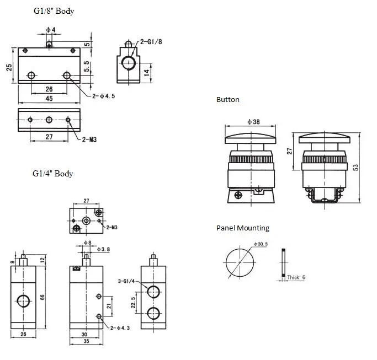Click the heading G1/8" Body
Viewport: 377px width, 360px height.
click(53, 11)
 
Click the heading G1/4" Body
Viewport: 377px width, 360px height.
click(52, 174)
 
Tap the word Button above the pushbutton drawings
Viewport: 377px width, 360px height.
click(227, 100)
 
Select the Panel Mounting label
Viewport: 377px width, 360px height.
click(242, 228)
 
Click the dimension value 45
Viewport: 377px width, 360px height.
click(49, 99)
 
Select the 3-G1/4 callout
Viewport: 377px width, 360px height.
click(127, 282)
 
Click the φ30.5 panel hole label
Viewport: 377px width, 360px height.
click(261, 244)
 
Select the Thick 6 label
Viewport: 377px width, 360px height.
click(296, 277)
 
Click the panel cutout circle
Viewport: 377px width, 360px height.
click(239, 262)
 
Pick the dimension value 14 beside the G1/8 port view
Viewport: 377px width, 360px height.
click(146, 72)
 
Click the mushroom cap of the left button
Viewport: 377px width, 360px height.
click(253, 137)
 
